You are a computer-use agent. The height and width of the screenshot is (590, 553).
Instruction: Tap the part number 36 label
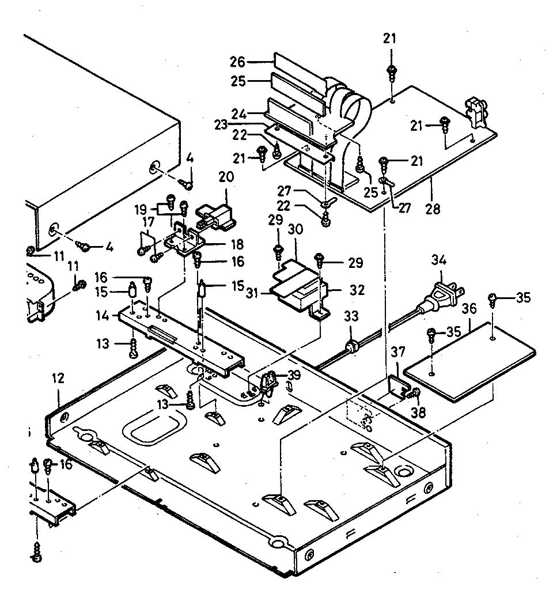click(469, 309)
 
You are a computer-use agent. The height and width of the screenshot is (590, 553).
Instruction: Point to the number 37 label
click(397, 352)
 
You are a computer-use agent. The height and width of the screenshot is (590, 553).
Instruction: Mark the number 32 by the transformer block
click(357, 290)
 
